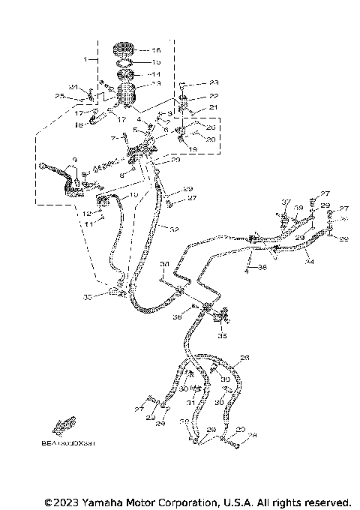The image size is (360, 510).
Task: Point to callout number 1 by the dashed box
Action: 86,58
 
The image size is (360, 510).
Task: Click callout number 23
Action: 214,82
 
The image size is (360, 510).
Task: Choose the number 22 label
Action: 214,97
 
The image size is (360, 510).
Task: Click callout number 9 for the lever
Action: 74,160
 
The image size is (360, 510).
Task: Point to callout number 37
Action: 286,202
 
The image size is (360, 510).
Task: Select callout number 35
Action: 222,337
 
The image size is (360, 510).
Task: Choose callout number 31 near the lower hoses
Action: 191,403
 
